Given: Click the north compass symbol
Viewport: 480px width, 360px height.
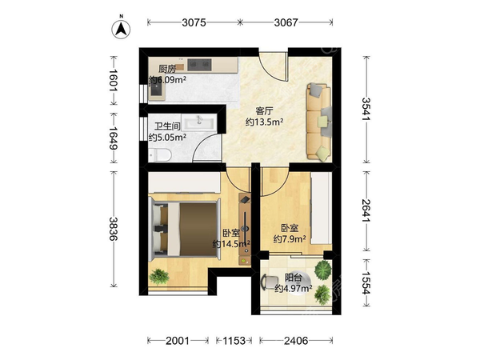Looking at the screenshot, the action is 121,28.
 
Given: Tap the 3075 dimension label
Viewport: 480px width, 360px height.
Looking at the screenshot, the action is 194,22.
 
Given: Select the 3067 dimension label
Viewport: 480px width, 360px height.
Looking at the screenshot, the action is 286,22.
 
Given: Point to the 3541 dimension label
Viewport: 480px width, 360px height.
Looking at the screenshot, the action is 366,109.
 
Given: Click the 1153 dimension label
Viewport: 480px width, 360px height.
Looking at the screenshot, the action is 234,341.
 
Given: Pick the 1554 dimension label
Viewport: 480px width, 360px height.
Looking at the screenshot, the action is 366,283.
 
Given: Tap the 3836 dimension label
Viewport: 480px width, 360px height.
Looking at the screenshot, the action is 114,229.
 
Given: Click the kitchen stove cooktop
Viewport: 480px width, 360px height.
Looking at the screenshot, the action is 199,64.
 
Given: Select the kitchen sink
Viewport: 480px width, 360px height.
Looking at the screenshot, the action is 157,90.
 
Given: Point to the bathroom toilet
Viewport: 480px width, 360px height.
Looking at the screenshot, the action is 160,154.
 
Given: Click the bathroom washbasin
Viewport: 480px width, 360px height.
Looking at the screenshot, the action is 199,123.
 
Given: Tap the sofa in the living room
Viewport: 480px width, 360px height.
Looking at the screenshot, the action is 319,122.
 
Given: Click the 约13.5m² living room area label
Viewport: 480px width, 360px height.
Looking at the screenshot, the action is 265,122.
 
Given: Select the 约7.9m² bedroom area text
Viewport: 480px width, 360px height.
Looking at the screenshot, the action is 290,238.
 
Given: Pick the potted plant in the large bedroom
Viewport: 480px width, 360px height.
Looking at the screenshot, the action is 159,277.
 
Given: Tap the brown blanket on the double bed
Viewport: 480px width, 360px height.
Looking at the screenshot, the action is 198,229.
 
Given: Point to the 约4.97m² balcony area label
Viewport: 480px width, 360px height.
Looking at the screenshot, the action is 294,288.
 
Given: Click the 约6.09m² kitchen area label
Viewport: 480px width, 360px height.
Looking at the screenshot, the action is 167,80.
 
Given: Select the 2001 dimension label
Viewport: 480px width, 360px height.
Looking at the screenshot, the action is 178,341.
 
